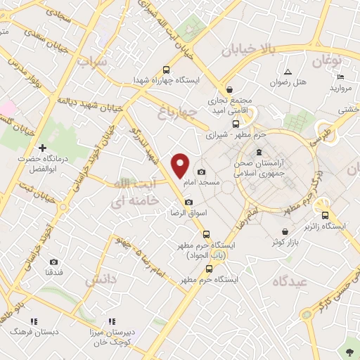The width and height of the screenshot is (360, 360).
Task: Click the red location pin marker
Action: pyautogui.click(x=181, y=165)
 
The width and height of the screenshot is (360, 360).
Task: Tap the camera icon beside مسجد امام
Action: pyautogui.click(x=202, y=172)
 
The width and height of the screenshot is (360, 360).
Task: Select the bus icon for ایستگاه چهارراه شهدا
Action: pyautogui.click(x=166, y=70)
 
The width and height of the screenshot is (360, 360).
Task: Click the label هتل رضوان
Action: pyautogui.click(x=290, y=83)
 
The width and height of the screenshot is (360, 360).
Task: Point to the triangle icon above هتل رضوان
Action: pyautogui.click(x=288, y=72)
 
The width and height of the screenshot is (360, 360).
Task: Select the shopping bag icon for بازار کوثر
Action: pyautogui.click(x=284, y=232)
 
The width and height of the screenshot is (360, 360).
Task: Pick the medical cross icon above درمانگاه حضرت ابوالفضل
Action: pyautogui.click(x=43, y=148)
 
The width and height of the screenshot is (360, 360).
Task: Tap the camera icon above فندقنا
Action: pyautogui.click(x=53, y=262)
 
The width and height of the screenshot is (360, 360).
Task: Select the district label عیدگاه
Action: pyautogui.click(x=290, y=280)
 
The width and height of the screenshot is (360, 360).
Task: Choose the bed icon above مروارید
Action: pyautogui.click(x=340, y=77)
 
